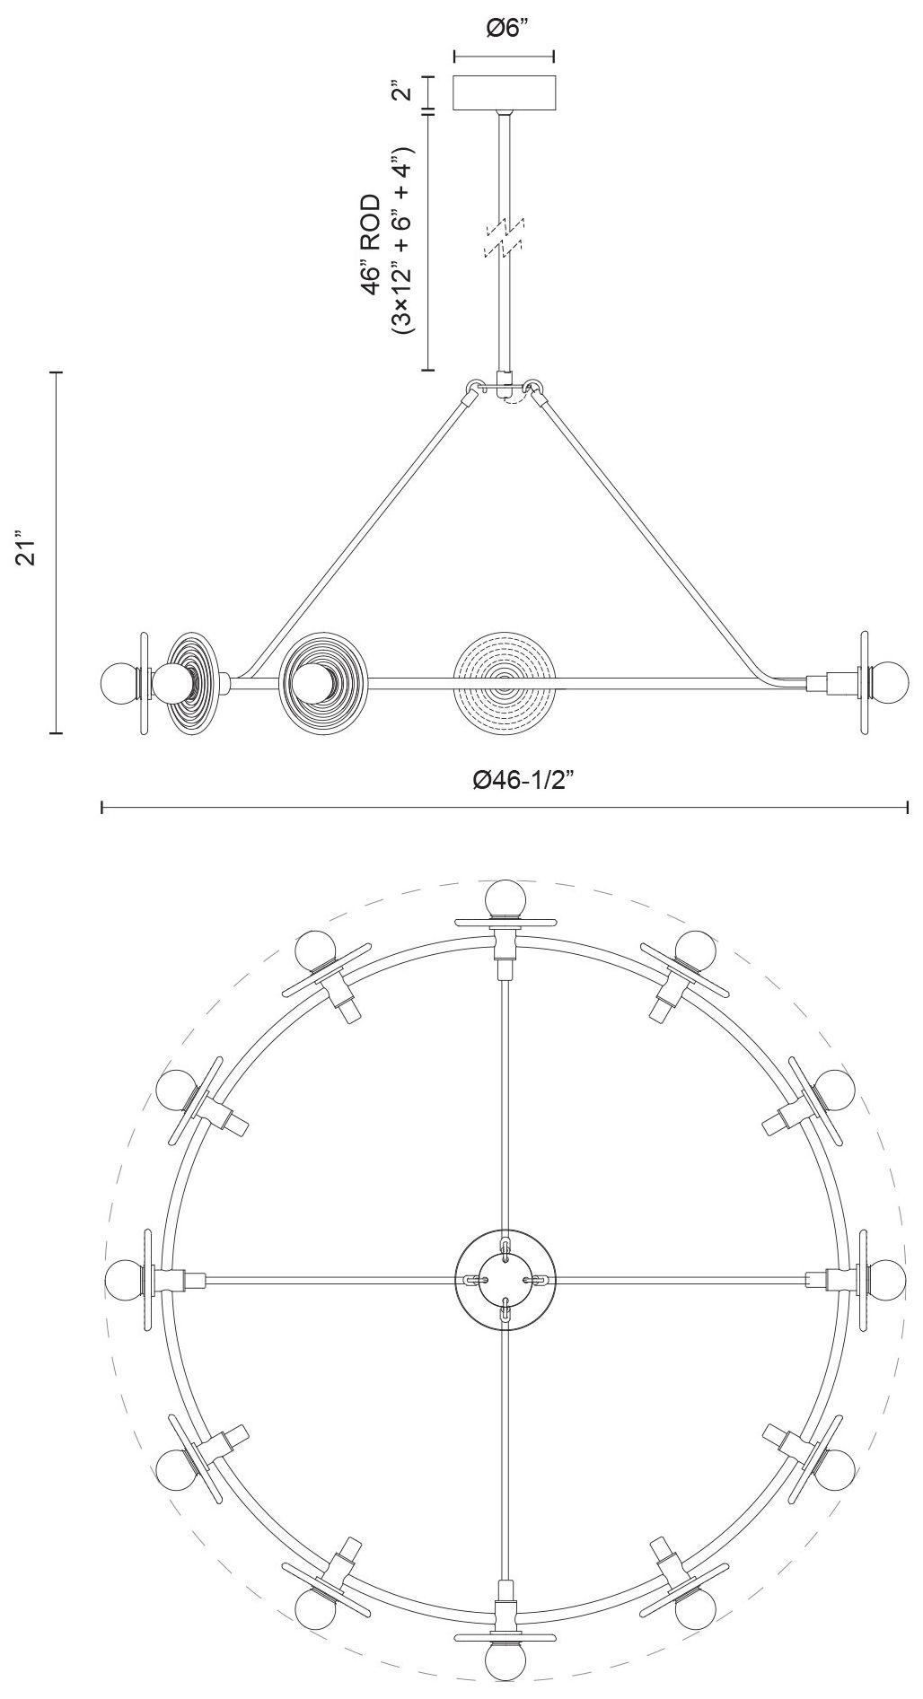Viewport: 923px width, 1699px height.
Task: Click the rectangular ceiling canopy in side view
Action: pos(505,92)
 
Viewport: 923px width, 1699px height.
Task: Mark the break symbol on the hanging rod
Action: pos(505,237)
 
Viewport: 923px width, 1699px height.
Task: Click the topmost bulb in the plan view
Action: pos(505,899)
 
